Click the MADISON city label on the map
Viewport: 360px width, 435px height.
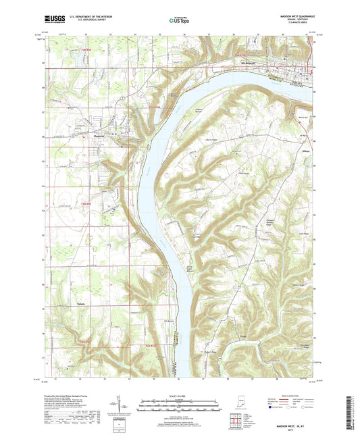pos(251,63)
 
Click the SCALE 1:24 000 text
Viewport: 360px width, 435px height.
pos(179,396)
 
